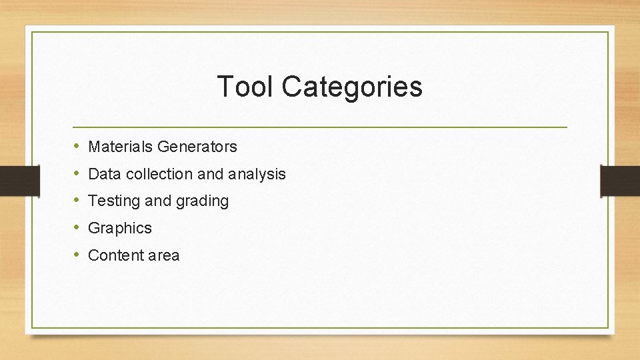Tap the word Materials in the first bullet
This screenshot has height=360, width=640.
117,146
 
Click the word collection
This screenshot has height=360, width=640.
159,174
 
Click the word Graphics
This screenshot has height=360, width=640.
120,228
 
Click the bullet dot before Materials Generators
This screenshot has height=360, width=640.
77,145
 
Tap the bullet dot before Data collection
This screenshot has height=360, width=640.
77,173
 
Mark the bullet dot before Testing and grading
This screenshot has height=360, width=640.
77,200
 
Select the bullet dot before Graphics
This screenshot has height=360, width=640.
77,227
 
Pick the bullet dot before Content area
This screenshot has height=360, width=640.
77,255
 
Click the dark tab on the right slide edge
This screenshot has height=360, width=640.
621,181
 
